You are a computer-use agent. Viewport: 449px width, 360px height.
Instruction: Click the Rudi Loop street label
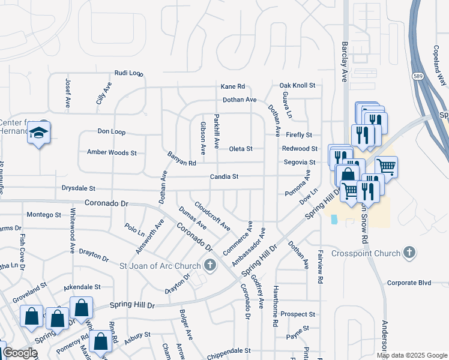point(129,73)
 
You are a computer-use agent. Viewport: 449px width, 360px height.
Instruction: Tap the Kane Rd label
point(233,86)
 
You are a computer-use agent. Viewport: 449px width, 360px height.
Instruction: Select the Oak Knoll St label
point(297,86)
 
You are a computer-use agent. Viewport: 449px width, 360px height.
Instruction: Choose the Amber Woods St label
point(112,152)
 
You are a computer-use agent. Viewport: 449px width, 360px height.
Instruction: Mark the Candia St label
point(224,177)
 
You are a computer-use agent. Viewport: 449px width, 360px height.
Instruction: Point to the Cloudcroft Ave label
point(212,216)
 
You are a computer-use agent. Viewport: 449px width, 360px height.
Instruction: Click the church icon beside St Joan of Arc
point(210,264)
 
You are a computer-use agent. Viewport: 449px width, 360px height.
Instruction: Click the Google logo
point(20,353)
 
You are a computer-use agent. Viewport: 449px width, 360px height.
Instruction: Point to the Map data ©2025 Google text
point(412,355)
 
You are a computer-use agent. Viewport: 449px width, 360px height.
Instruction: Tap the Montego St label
point(44,214)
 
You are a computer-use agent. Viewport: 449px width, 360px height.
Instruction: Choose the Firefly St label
point(299,135)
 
